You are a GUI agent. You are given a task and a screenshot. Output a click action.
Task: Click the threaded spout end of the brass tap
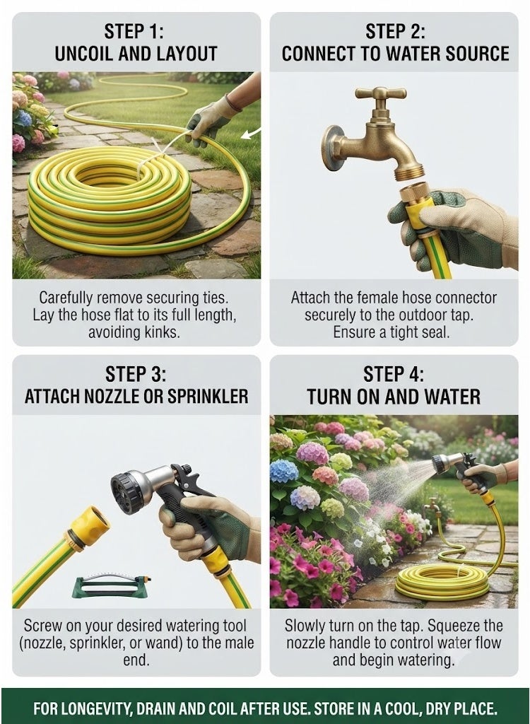409,173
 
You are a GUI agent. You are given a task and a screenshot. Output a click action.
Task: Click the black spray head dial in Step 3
125,493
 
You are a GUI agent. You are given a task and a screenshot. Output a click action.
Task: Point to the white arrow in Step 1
251,134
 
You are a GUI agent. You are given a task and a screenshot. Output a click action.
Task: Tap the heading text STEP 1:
134,31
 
